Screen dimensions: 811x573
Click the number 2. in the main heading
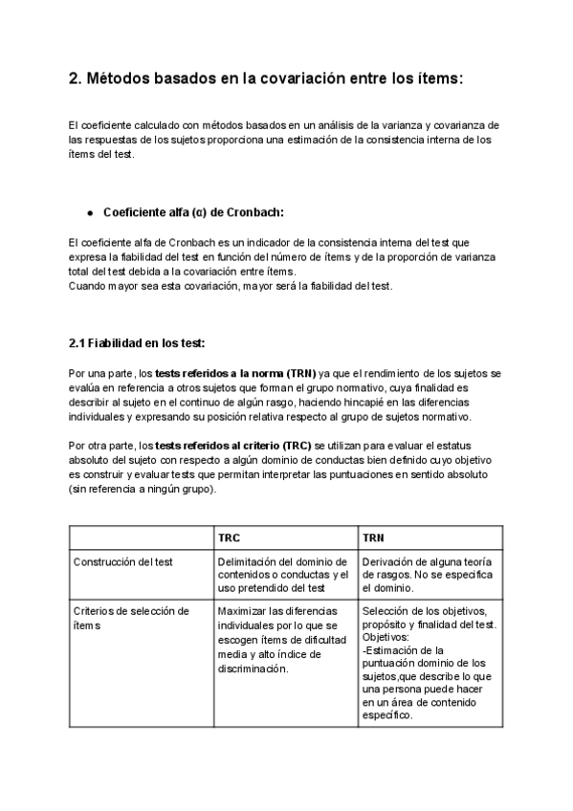click(76, 81)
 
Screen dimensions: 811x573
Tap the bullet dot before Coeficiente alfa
click(90, 212)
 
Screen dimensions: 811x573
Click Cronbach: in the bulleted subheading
click(251, 212)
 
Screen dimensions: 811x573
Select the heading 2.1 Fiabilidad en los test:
click(137, 343)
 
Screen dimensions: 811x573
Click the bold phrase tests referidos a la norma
click(235, 372)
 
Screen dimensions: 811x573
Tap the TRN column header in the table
click(374, 537)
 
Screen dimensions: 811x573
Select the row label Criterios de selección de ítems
click(131, 618)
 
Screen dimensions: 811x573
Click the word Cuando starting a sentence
click(90, 286)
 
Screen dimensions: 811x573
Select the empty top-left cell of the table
click(140, 537)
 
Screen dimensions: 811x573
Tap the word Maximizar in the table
click(244, 611)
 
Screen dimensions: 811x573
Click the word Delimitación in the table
click(249, 561)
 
